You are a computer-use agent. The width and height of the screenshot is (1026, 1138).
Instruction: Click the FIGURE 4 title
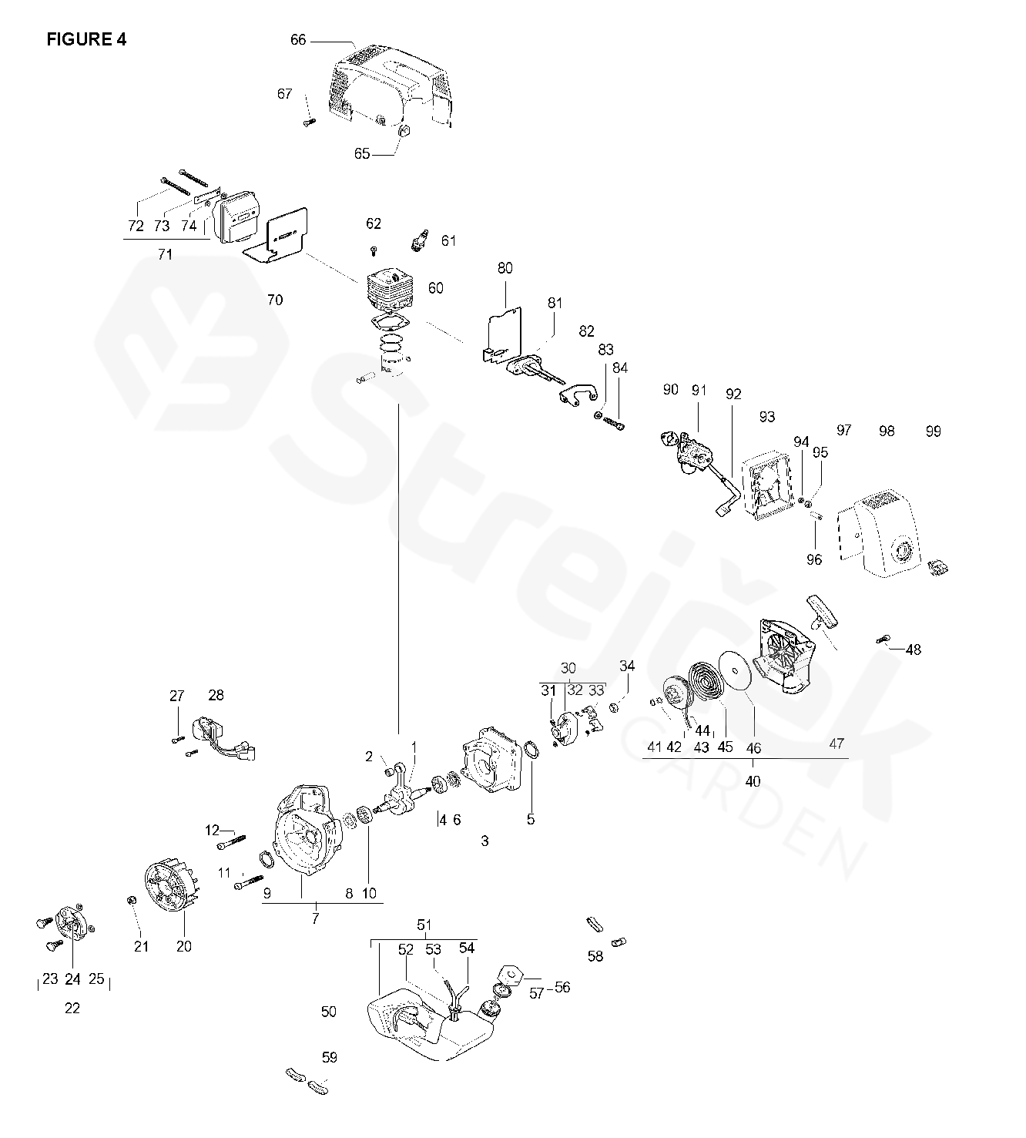tap(86, 40)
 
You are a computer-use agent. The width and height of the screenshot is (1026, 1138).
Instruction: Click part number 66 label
tap(298, 40)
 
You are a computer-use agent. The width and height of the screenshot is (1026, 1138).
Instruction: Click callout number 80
tap(505, 268)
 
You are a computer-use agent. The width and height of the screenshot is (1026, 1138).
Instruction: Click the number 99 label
tap(933, 431)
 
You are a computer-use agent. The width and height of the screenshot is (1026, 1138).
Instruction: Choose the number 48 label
tap(913, 650)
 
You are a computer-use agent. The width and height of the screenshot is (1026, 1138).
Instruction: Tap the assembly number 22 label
tap(72, 1008)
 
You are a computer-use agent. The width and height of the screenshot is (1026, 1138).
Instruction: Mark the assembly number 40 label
tap(753, 781)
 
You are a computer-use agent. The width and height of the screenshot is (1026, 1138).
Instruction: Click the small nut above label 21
tap(132, 901)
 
